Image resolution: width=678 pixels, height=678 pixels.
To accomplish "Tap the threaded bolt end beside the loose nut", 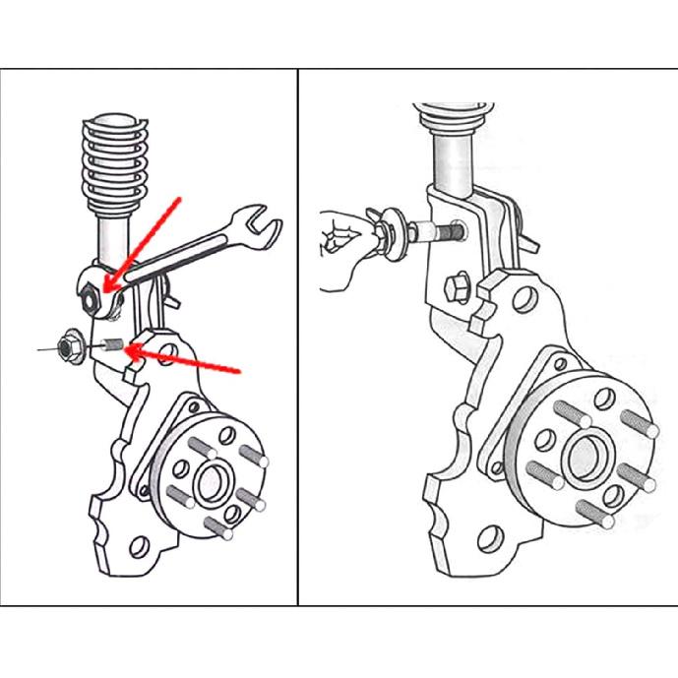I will [x=112, y=346].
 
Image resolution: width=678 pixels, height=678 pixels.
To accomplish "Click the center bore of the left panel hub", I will [x=211, y=483].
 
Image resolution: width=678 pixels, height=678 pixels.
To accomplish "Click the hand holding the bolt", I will [x=339, y=251].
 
